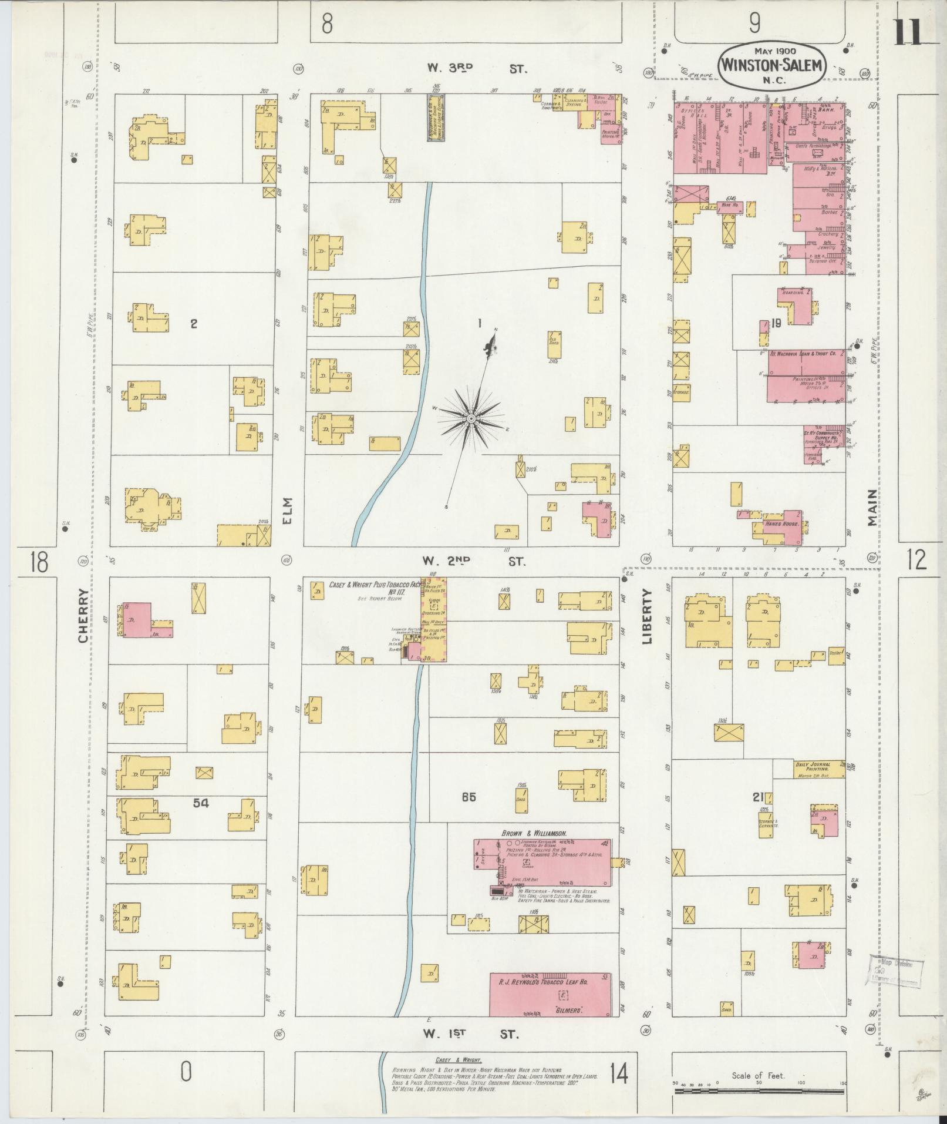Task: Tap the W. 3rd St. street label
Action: coord(477,69)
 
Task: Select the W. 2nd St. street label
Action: coord(476,562)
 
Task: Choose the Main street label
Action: coord(871,508)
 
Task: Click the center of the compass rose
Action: coord(471,418)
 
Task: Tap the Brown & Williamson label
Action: coord(533,833)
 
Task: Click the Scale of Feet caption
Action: coord(758,1076)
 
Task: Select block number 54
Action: coord(200,803)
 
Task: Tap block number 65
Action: coord(468,797)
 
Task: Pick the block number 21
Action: coord(759,797)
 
